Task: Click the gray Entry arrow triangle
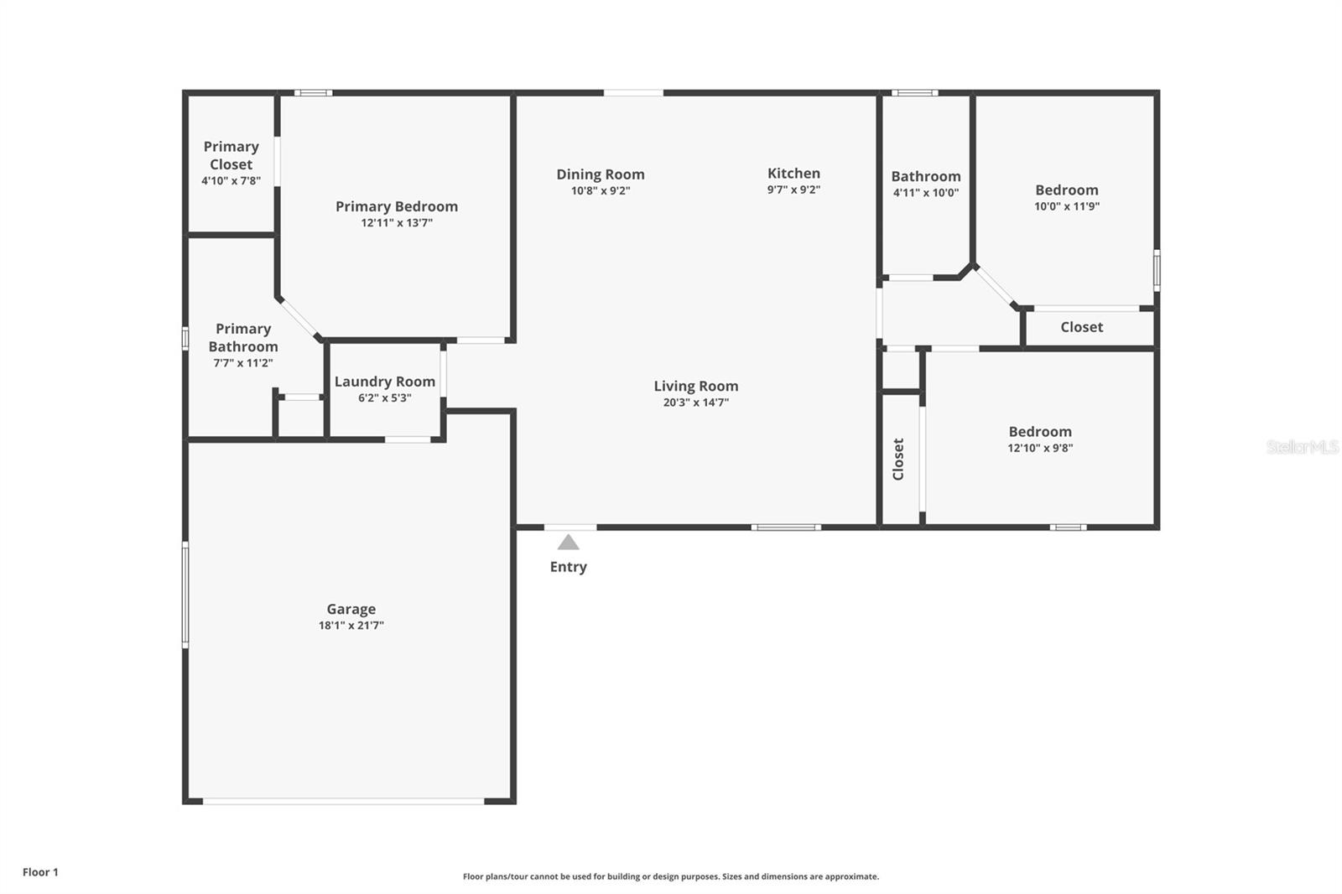(x=569, y=543)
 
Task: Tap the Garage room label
(x=351, y=609)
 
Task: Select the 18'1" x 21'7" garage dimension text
(x=351, y=626)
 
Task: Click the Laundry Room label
(x=385, y=382)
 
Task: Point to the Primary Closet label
(x=231, y=155)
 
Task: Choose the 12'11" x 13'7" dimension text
(x=397, y=223)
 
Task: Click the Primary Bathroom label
(x=243, y=337)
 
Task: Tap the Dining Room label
(x=601, y=174)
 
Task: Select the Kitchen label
(x=793, y=174)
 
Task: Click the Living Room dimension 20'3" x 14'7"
(x=696, y=403)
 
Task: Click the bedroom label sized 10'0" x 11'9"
(x=1066, y=190)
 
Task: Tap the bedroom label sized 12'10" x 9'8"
(x=1040, y=432)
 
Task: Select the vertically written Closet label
(x=898, y=459)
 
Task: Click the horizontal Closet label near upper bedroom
(x=1081, y=327)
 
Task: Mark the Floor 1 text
(x=40, y=872)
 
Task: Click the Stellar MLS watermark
(x=1302, y=447)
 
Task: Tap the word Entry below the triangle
(x=569, y=567)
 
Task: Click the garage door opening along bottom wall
(x=344, y=802)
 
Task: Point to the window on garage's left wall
(x=185, y=594)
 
